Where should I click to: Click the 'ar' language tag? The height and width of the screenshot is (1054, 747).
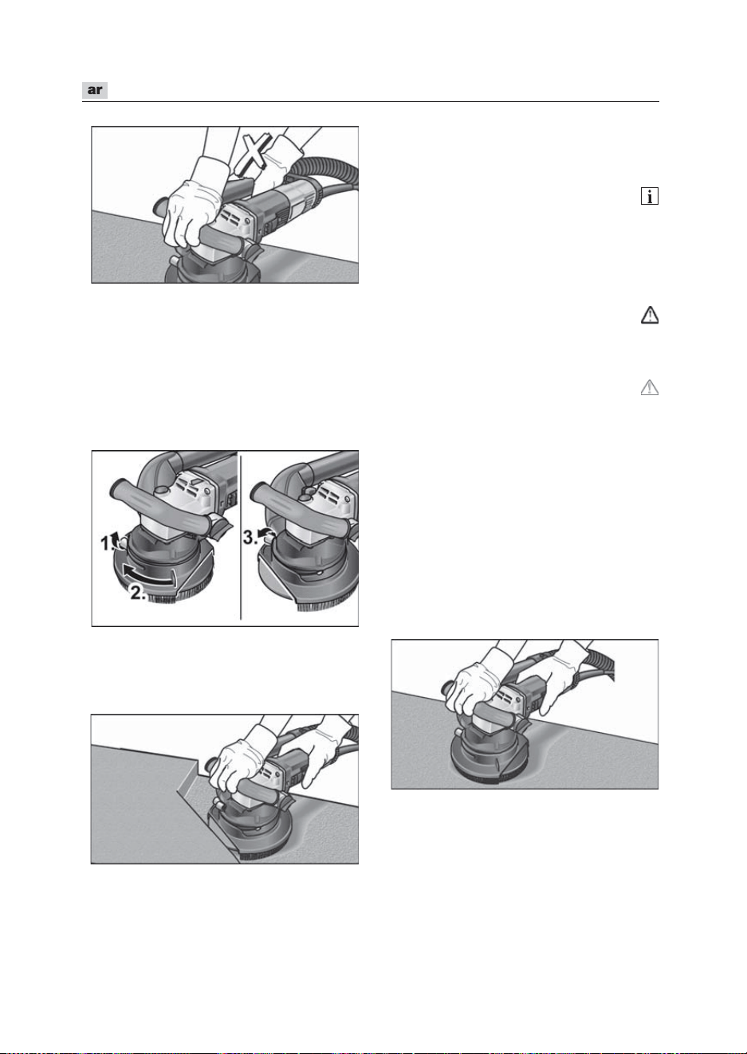(x=95, y=90)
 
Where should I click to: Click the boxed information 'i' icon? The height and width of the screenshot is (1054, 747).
(x=650, y=196)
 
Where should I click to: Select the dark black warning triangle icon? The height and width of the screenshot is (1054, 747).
(x=650, y=315)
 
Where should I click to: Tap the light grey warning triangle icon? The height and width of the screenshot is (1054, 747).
(x=650, y=388)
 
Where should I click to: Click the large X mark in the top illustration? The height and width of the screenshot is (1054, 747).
(x=254, y=153)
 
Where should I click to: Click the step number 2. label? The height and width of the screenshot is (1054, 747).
(x=138, y=594)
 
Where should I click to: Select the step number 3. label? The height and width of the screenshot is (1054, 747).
(x=250, y=537)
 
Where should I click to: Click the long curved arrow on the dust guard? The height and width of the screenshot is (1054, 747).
(x=150, y=577)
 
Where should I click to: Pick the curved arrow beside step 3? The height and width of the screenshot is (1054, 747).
(x=266, y=534)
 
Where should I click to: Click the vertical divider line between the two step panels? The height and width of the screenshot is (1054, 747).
(x=241, y=537)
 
